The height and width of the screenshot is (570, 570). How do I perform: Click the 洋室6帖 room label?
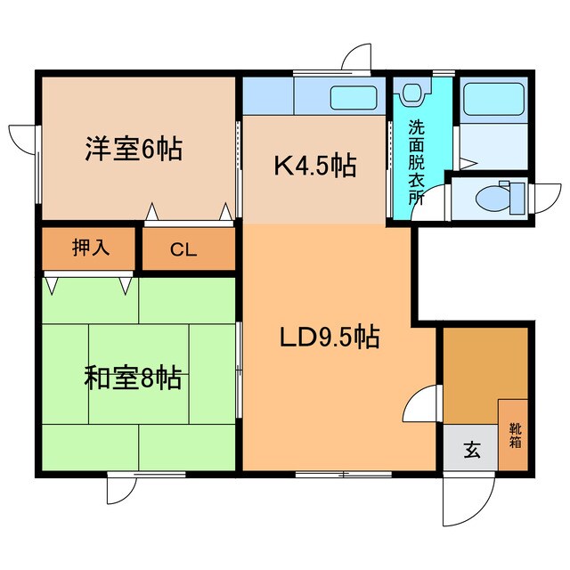[134, 149]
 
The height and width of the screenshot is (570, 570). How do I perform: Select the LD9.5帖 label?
[330, 338]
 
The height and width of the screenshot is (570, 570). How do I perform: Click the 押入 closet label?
[90, 247]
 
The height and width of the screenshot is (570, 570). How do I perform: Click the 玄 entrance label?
[470, 451]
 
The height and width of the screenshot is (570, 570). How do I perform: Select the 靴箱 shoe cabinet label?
[515, 435]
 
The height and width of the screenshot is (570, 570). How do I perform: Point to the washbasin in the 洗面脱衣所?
[411, 93]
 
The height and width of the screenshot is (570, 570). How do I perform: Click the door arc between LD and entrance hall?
[420, 408]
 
